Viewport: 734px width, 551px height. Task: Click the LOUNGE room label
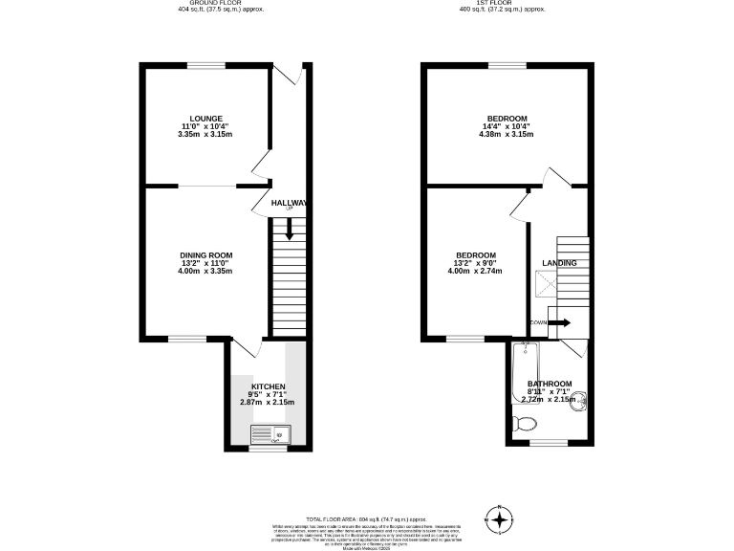(205, 119)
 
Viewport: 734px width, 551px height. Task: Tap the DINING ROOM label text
(205, 254)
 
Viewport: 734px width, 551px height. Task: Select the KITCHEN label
(268, 386)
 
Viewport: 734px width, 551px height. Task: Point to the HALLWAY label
(289, 204)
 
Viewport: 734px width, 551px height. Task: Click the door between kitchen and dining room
(244, 346)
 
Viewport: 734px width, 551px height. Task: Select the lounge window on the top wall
(205, 65)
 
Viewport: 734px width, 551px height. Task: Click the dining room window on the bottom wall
(187, 338)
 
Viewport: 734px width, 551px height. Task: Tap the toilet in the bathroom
(525, 424)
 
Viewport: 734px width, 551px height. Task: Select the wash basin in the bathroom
(576, 406)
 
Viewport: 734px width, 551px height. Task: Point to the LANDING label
(559, 263)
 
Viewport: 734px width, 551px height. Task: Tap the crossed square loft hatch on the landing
(544, 282)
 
